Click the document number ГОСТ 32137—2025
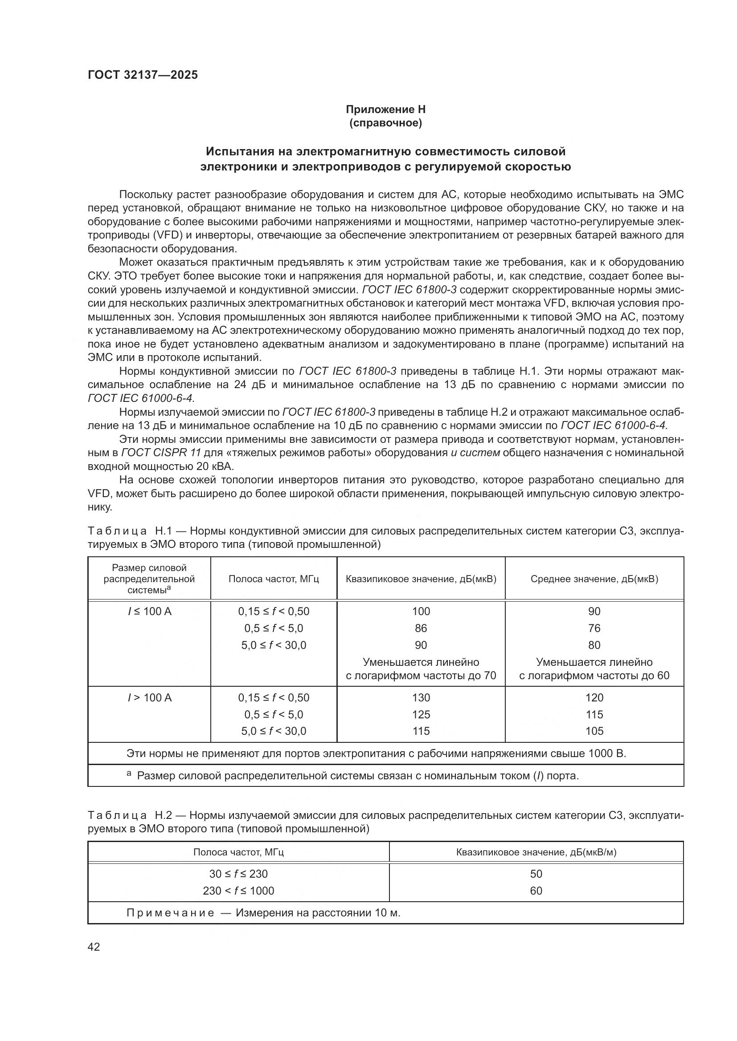(x=143, y=75)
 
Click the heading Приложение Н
(x=385, y=109)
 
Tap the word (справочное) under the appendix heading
(x=385, y=123)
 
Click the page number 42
(x=94, y=947)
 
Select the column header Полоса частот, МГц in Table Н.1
(x=273, y=579)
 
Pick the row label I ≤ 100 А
(x=149, y=612)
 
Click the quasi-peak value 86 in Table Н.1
(x=421, y=628)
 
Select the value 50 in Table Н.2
(x=536, y=874)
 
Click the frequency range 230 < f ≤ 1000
(x=238, y=891)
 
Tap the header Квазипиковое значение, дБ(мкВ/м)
(x=536, y=852)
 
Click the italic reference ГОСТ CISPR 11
(x=161, y=453)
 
